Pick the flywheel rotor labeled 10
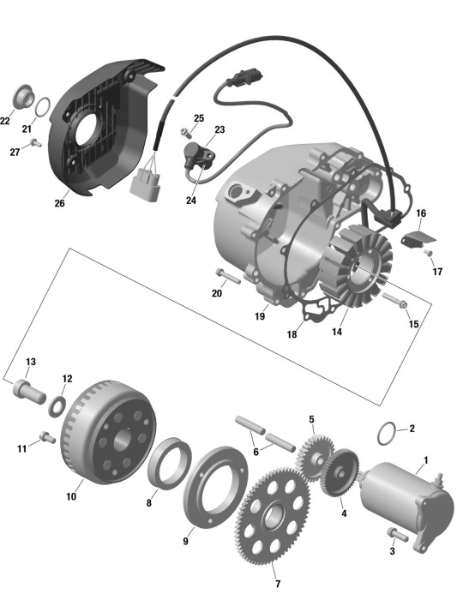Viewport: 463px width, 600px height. pos(108,432)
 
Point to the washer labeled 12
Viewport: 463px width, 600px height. pos(57,406)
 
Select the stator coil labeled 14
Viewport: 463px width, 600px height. pos(356,267)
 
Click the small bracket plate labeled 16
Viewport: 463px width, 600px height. pos(418,238)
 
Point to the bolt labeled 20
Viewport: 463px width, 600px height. pos(228,276)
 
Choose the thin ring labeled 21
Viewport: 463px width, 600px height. pos(43,106)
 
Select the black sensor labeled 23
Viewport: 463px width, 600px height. pos(199,156)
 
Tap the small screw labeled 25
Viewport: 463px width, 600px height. pos(186,133)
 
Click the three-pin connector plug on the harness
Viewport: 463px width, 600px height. pos(145,185)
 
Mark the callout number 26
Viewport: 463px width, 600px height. pos(59,203)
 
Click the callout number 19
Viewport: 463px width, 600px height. pos(260,316)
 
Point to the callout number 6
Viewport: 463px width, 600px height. pos(256,452)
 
